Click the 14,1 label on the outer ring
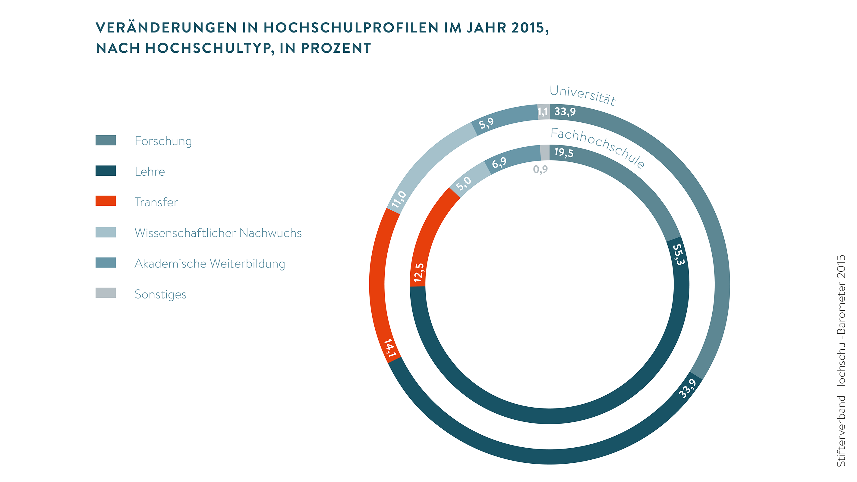(x=390, y=348)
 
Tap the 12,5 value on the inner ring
(x=419, y=273)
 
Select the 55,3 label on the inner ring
(x=678, y=254)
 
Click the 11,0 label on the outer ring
(x=399, y=199)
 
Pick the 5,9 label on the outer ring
(x=486, y=124)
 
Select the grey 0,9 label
(x=540, y=170)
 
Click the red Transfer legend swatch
(x=106, y=201)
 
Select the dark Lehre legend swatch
(x=106, y=171)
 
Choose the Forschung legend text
(x=163, y=141)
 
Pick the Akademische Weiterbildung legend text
(x=210, y=264)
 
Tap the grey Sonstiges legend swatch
(x=106, y=293)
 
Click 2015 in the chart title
(x=528, y=28)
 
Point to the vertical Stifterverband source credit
(x=841, y=361)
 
